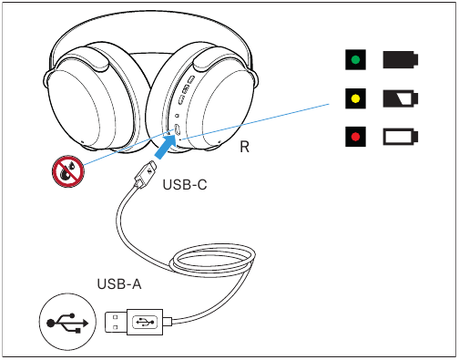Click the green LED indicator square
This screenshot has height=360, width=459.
[x=355, y=59]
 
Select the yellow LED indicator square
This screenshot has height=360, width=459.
[x=355, y=98]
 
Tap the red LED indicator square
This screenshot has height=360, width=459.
[x=355, y=137]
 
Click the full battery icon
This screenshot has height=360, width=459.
[x=401, y=59]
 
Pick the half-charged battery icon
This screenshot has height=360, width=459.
[x=401, y=98]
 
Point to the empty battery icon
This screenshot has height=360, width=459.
[x=401, y=137]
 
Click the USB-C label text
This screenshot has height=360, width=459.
[x=185, y=185]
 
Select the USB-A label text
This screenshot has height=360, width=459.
[x=119, y=284]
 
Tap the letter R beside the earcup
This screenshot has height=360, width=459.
[x=245, y=147]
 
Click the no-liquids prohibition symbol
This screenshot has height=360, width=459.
[x=68, y=171]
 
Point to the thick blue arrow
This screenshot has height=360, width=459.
[x=166, y=147]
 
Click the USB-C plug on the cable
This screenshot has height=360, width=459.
[x=146, y=174]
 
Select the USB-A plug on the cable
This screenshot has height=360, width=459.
[x=134, y=322]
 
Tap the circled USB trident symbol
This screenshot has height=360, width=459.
[x=67, y=322]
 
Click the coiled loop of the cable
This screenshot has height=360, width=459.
[x=212, y=262]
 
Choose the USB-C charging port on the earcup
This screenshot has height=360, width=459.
[x=178, y=129]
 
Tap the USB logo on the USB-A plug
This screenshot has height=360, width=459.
[x=145, y=322]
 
